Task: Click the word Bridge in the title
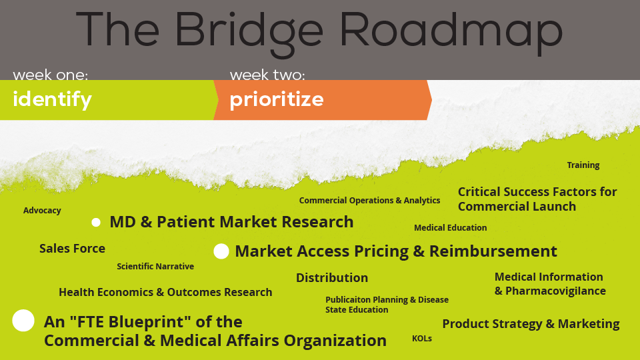pyautogui.click(x=249, y=33)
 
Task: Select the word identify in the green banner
pyautogui.click(x=52, y=100)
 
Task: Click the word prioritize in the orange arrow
pyautogui.click(x=276, y=100)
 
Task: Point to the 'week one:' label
pyautogui.click(x=50, y=75)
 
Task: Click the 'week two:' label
pyautogui.click(x=267, y=75)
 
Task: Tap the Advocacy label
pyautogui.click(x=42, y=211)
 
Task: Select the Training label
pyautogui.click(x=583, y=165)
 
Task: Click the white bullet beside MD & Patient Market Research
pyautogui.click(x=96, y=223)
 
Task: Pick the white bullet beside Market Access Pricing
pyautogui.click(x=221, y=251)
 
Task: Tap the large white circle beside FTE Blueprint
pyautogui.click(x=23, y=321)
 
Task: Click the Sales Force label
pyautogui.click(x=72, y=249)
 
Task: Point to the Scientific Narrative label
pyautogui.click(x=155, y=267)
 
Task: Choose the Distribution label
pyautogui.click(x=332, y=278)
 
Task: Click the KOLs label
pyautogui.click(x=422, y=339)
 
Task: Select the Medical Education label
pyautogui.click(x=450, y=228)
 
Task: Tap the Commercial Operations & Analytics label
pyautogui.click(x=369, y=201)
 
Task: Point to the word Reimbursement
pyautogui.click(x=493, y=251)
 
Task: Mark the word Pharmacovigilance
pyautogui.click(x=555, y=291)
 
